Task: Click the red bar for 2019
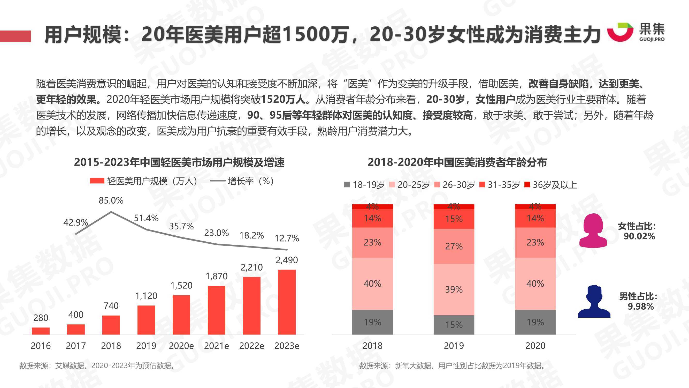click(146, 320)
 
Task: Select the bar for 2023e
click(287, 302)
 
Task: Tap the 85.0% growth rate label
click(111, 200)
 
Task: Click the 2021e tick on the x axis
click(216, 346)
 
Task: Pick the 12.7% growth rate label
click(287, 238)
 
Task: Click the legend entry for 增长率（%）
click(242, 181)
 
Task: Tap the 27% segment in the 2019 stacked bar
click(454, 246)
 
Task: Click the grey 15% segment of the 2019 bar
click(454, 325)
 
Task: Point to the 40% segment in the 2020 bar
click(535, 283)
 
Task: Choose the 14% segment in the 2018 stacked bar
click(372, 218)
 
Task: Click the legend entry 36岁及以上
click(551, 185)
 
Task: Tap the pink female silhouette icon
click(593, 231)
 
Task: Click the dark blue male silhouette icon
click(594, 302)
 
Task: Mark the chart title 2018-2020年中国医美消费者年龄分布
click(457, 162)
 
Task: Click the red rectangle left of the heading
click(15, 36)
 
